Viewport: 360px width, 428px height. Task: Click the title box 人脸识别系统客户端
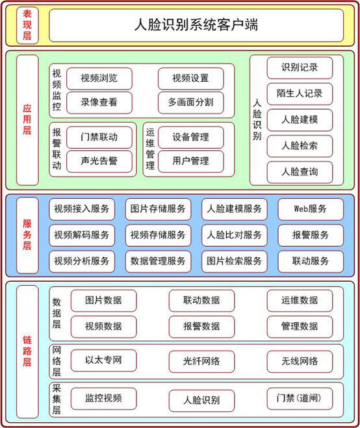pyautogui.click(x=196, y=25)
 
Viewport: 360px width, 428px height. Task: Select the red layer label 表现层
pyautogui.click(x=27, y=25)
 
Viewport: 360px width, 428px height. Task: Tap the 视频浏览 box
pyautogui.click(x=99, y=79)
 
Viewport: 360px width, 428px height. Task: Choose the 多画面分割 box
pyautogui.click(x=190, y=103)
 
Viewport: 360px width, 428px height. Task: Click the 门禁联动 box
pyautogui.click(x=99, y=137)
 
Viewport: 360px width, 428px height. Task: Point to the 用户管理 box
pyautogui.click(x=190, y=161)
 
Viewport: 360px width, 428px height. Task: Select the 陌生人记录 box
pyautogui.click(x=300, y=94)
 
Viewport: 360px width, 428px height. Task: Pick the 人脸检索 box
pyautogui.click(x=300, y=146)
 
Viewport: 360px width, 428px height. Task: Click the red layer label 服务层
pyautogui.click(x=27, y=234)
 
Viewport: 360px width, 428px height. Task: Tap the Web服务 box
pyautogui.click(x=311, y=209)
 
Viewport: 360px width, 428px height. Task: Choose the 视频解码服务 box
pyautogui.click(x=82, y=235)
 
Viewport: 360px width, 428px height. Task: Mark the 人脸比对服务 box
pyautogui.click(x=235, y=235)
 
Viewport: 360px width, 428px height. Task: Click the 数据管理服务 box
pyautogui.click(x=158, y=262)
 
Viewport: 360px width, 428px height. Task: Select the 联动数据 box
pyautogui.click(x=201, y=301)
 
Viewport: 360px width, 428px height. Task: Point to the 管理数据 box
pyautogui.click(x=300, y=327)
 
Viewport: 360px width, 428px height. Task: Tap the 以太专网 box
pyautogui.click(x=103, y=360)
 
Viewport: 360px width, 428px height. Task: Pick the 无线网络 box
pyautogui.click(x=300, y=362)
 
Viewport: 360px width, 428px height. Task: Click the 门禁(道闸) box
pyautogui.click(x=300, y=399)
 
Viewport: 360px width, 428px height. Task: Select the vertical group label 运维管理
pyautogui.click(x=150, y=149)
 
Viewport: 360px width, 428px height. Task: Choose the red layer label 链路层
pyautogui.click(x=27, y=351)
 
